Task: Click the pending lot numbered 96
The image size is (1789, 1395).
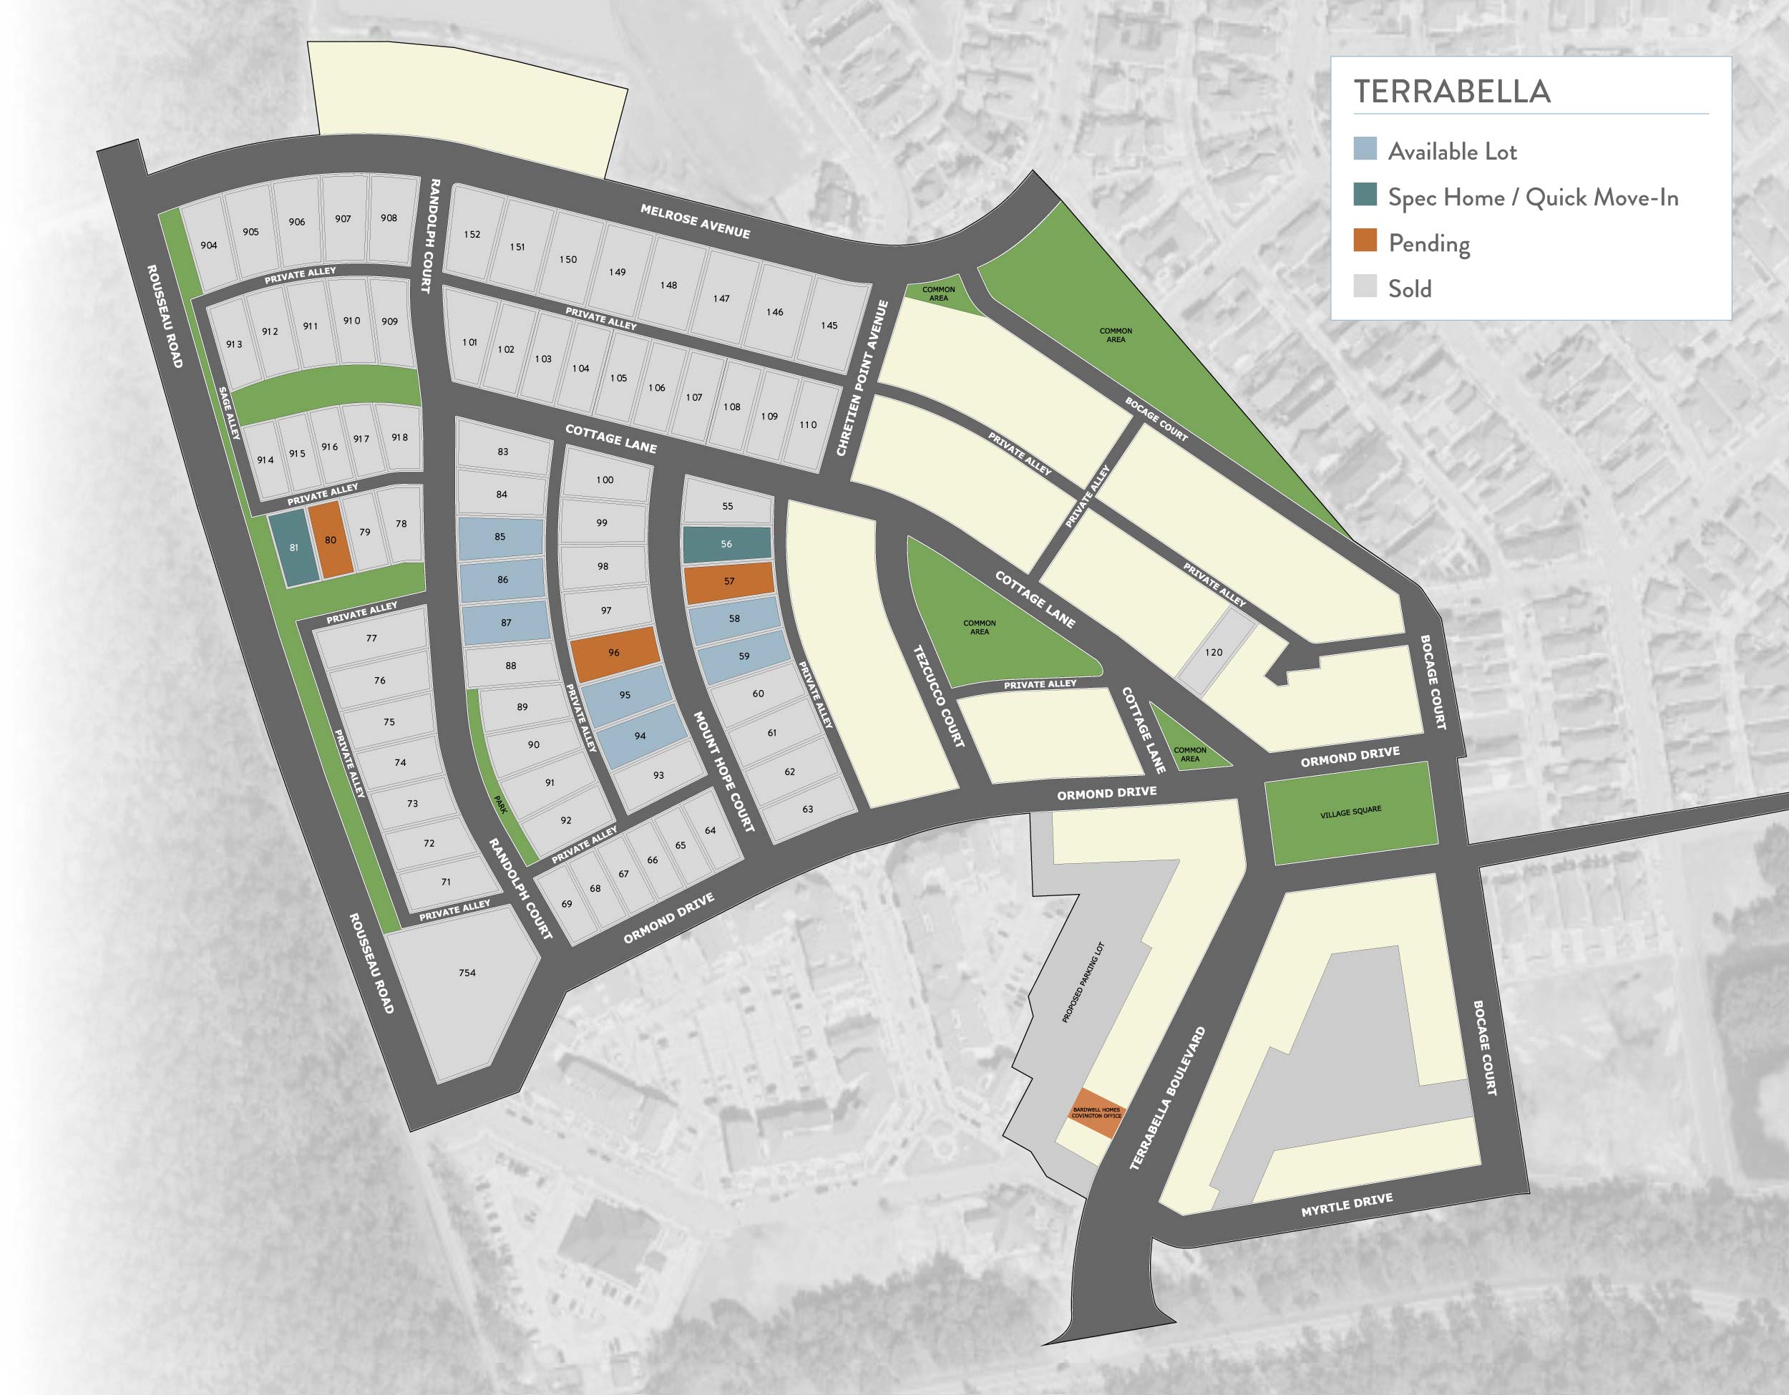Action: (x=615, y=653)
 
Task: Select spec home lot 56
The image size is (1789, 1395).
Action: (x=726, y=545)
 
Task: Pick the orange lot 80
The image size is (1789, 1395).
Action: (x=330, y=540)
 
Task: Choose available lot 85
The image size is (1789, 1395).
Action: (x=499, y=538)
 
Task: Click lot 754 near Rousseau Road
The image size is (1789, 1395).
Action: (x=466, y=974)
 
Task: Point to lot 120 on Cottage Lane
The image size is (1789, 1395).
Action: (x=1214, y=653)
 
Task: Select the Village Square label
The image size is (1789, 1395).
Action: (x=1351, y=812)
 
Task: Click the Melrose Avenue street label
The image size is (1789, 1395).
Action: (x=696, y=221)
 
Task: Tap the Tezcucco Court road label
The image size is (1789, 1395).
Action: (x=939, y=696)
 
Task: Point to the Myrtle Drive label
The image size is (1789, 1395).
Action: (x=1347, y=1205)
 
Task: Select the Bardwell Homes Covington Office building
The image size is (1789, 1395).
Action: (x=1097, y=1113)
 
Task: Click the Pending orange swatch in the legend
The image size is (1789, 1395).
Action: (x=1365, y=242)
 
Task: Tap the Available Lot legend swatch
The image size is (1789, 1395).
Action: (x=1365, y=149)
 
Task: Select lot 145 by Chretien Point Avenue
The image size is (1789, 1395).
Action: (x=829, y=326)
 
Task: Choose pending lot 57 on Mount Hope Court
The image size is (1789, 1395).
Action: (x=729, y=582)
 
